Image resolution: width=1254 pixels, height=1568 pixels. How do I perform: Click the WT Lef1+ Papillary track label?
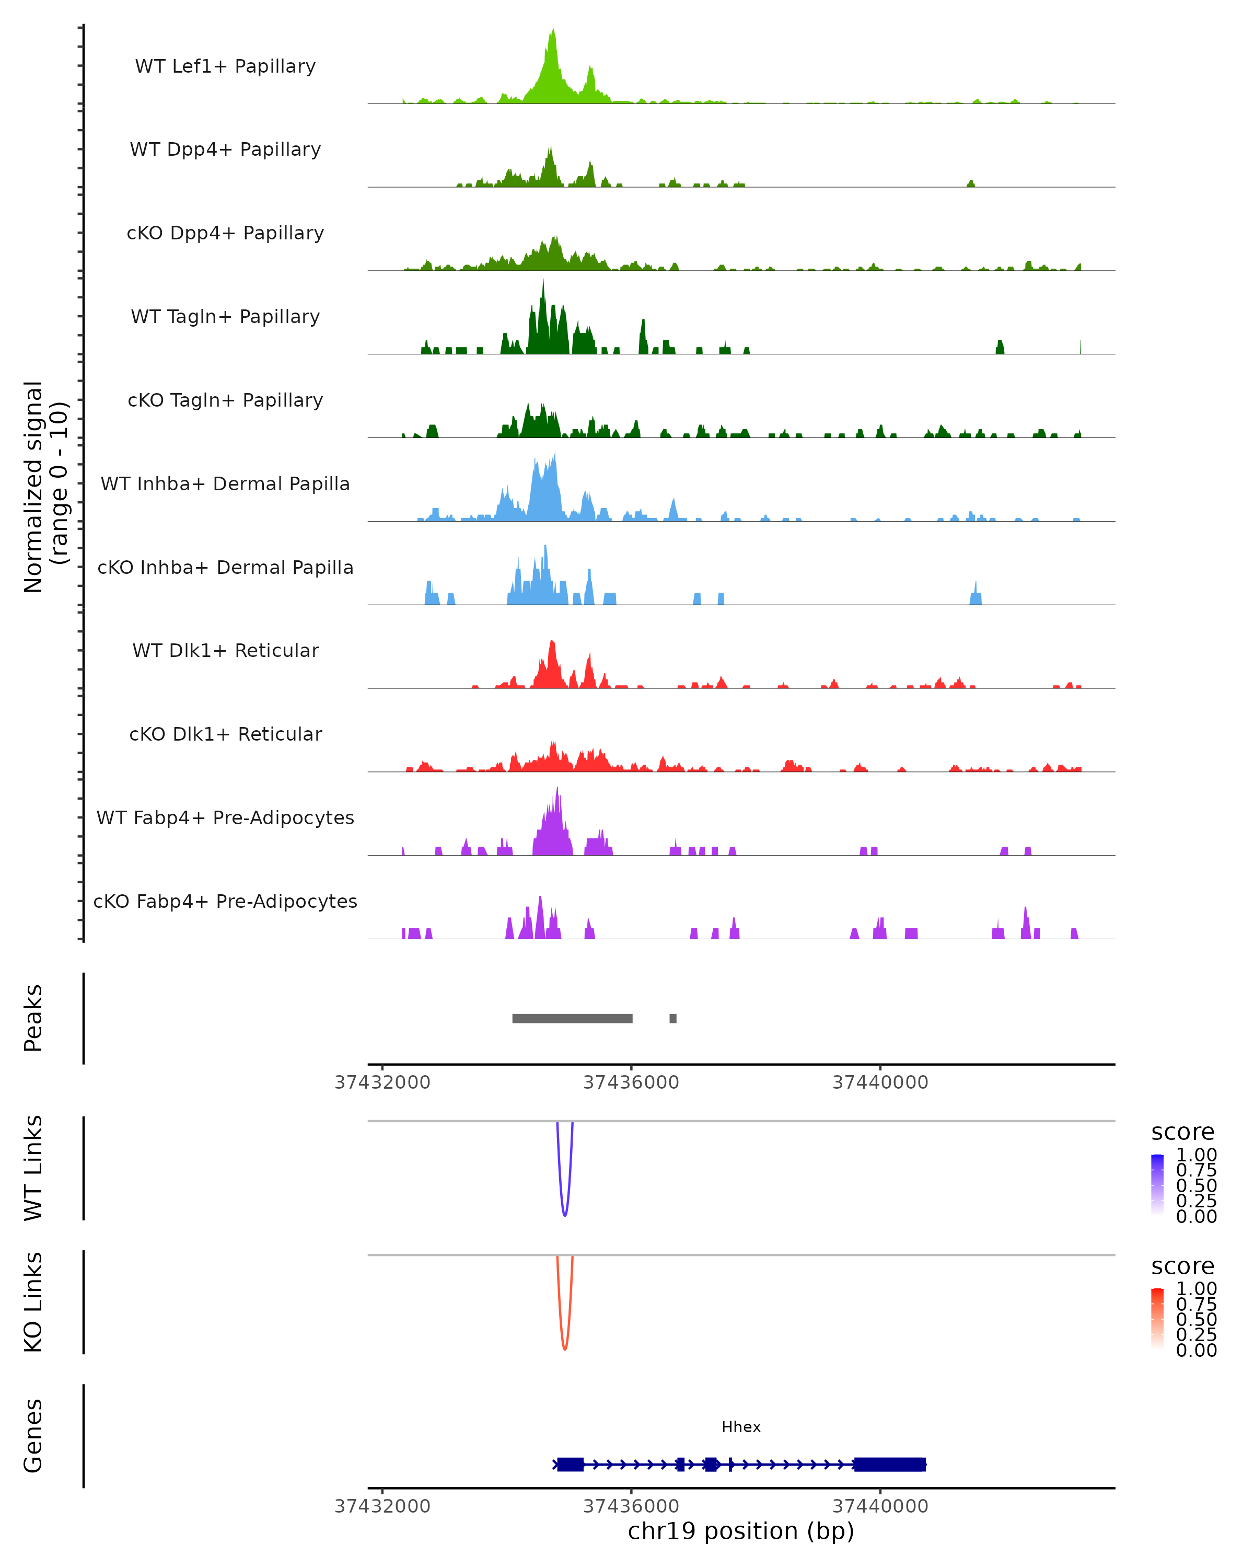[225, 66]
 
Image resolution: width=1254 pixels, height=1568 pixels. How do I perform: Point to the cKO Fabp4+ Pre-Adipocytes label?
[225, 901]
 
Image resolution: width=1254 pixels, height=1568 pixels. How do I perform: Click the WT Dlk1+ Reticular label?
[225, 650]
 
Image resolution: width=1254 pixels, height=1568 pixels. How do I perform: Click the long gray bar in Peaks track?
[572, 1018]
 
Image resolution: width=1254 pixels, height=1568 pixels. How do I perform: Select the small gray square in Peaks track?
[673, 1018]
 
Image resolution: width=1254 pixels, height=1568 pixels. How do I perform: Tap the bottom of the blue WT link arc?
[565, 1215]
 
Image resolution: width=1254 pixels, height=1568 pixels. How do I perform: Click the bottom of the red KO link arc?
[565, 1348]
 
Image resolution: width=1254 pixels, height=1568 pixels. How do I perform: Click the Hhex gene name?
[741, 1427]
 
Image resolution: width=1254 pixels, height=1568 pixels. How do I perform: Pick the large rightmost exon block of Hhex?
[890, 1464]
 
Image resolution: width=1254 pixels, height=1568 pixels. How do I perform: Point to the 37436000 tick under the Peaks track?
[631, 1082]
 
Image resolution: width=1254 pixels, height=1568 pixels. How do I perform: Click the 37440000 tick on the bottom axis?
[880, 1506]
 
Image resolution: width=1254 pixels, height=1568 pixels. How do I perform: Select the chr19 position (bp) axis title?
[741, 1531]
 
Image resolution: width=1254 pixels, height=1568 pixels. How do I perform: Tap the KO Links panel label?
[33, 1302]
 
